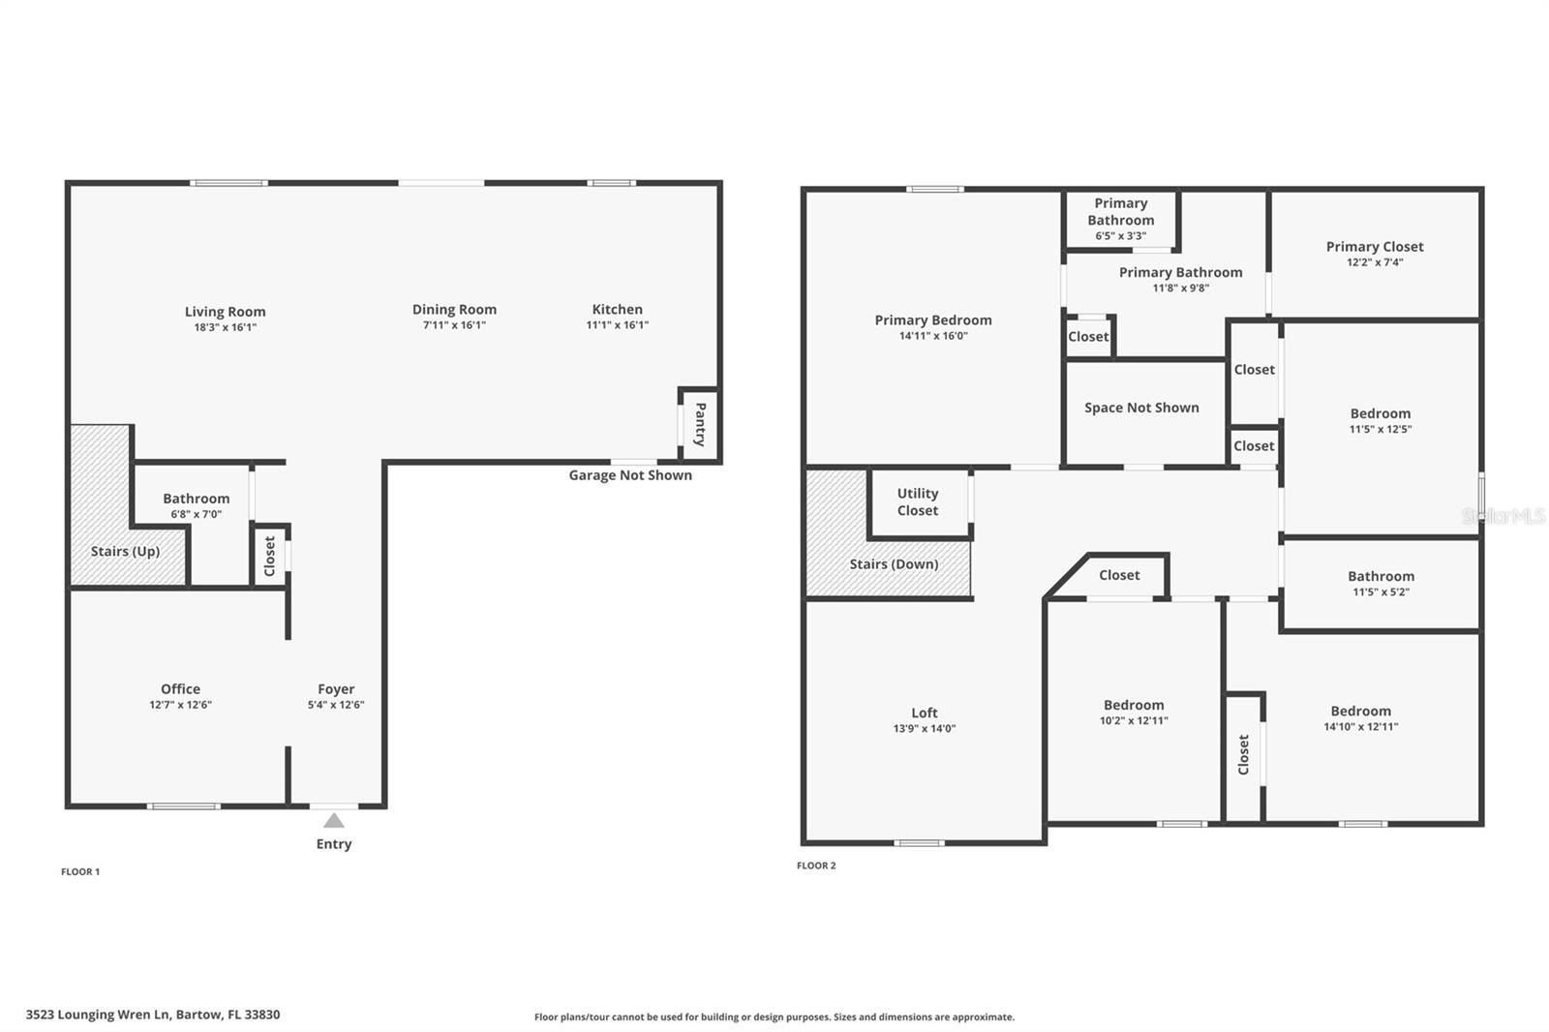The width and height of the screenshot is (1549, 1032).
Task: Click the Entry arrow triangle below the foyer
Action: click(x=333, y=821)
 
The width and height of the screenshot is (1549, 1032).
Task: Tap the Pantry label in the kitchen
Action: click(x=700, y=424)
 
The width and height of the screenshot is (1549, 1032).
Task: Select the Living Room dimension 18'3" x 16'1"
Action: click(x=225, y=327)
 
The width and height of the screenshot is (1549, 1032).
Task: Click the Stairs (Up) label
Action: click(x=125, y=551)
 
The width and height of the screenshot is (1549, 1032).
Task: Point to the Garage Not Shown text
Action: click(x=629, y=475)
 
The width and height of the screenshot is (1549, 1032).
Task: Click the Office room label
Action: click(x=180, y=689)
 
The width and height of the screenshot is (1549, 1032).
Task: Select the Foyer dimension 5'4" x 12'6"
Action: click(x=336, y=705)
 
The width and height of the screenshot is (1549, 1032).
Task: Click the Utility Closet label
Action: click(x=917, y=501)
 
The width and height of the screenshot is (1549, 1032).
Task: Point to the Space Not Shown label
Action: click(x=1141, y=408)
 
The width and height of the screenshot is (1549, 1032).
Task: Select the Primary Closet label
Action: click(x=1374, y=247)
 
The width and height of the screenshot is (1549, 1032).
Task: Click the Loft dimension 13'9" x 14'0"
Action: click(x=924, y=729)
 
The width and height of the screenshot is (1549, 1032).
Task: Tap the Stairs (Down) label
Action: click(x=894, y=564)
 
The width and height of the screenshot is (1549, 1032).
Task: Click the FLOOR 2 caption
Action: click(x=816, y=865)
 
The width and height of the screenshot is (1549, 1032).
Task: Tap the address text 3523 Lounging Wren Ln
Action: click(x=153, y=1015)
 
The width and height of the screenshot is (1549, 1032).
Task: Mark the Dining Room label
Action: click(x=454, y=310)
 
